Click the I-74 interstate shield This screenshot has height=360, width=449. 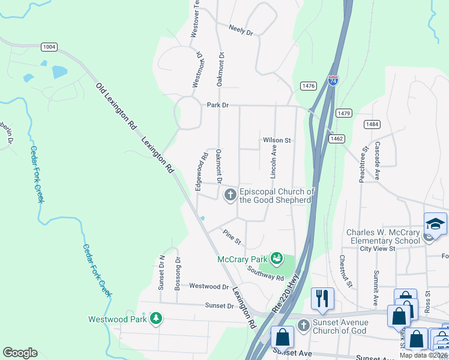pyautogui.click(x=333, y=80)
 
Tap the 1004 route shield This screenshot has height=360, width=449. pyautogui.click(x=49, y=47)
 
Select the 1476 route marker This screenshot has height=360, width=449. pyautogui.click(x=309, y=86)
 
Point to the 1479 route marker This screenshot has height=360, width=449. pyautogui.click(x=344, y=113)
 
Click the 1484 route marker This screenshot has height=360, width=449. pyautogui.click(x=372, y=124)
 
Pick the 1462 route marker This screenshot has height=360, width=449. pyautogui.click(x=336, y=139)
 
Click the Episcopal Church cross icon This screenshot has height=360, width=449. pyautogui.click(x=231, y=194)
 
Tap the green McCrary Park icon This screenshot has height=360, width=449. pyautogui.click(x=277, y=259)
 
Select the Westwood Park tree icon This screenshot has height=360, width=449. pyautogui.click(x=156, y=319)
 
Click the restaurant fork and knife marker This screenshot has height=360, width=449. pyautogui.click(x=322, y=298)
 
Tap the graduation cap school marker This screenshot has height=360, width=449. pyautogui.click(x=435, y=224)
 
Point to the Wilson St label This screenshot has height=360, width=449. pyautogui.click(x=277, y=140)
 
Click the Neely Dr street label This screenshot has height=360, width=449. pyautogui.click(x=241, y=29)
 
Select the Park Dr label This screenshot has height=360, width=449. pyautogui.click(x=218, y=105)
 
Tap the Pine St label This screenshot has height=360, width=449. pyautogui.click(x=232, y=237)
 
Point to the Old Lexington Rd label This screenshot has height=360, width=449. pyautogui.click(x=116, y=107)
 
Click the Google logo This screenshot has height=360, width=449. pyautogui.click(x=20, y=353)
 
